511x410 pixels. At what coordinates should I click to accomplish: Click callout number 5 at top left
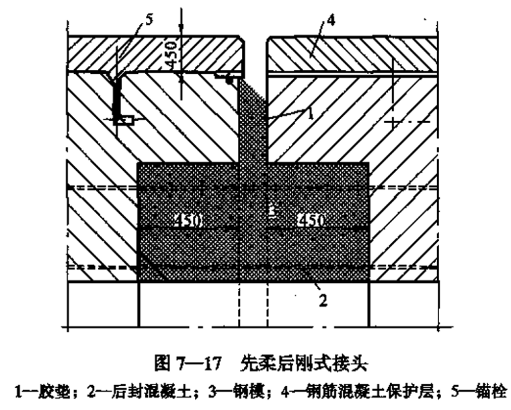(x=149, y=19)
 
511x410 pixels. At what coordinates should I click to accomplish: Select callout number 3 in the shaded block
(x=270, y=211)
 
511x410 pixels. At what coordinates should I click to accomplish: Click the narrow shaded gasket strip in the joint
(x=254, y=121)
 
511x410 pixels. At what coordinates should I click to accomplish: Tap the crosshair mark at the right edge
(x=393, y=122)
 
